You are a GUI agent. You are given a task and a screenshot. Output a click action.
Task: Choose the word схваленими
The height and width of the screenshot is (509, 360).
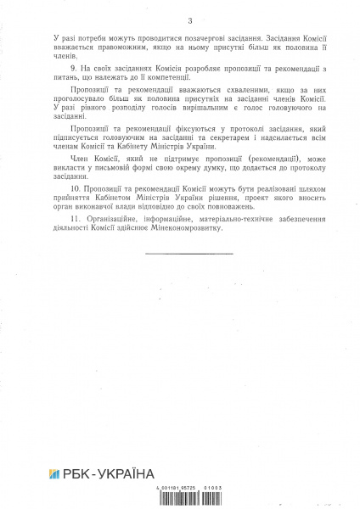pos(223,109)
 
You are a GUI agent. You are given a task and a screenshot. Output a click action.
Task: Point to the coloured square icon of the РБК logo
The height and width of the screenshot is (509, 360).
pos(57,473)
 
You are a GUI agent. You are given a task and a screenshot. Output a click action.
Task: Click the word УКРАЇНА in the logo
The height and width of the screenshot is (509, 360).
pos(125,473)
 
